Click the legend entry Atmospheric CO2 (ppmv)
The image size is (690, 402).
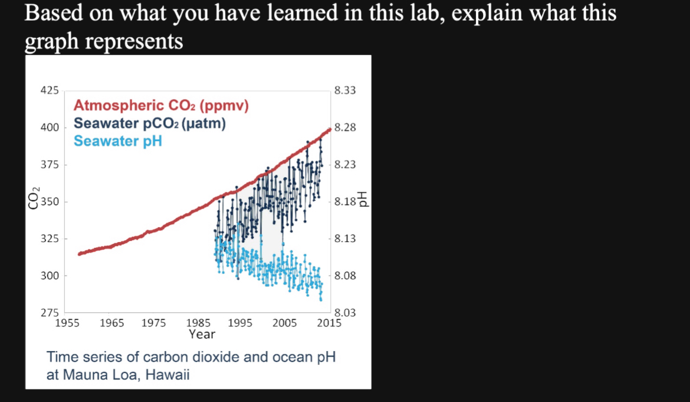click(161, 106)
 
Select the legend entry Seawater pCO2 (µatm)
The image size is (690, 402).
click(149, 124)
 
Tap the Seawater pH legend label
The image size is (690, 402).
click(117, 141)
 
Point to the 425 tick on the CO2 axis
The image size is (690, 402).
click(49, 90)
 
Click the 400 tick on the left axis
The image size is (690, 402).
click(49, 128)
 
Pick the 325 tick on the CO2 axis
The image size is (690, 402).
click(49, 239)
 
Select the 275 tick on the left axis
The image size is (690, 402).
click(49, 313)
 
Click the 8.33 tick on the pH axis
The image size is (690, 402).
click(344, 90)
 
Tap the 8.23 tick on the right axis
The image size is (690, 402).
click(344, 165)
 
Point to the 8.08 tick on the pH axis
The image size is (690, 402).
click(344, 276)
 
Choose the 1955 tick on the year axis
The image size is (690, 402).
click(67, 323)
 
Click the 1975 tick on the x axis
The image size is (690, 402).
click(154, 323)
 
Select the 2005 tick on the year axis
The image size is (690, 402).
click(284, 323)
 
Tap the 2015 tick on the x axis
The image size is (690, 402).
click(328, 323)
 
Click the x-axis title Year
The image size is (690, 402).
click(202, 334)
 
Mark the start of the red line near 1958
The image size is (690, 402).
click(79, 254)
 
